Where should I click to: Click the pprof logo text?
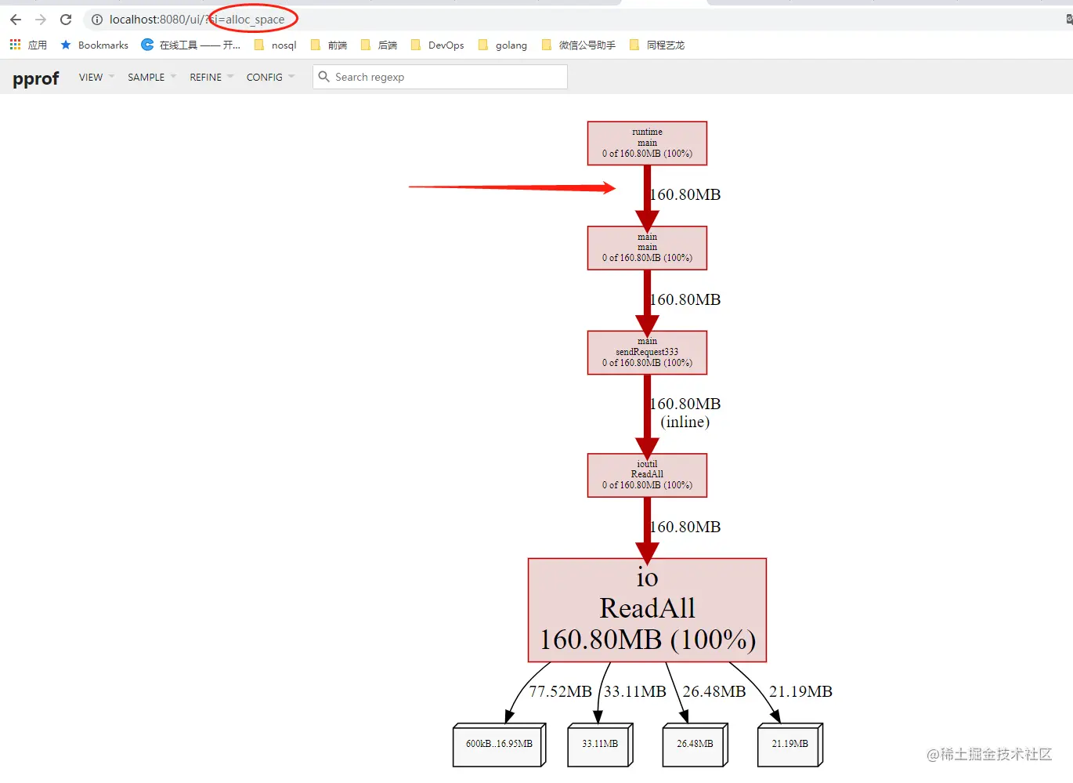point(36,78)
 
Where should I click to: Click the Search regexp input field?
point(446,77)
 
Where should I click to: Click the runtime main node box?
point(647,143)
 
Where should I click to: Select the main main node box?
point(647,248)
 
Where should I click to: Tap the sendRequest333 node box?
point(647,353)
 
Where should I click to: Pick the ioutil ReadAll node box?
point(647,475)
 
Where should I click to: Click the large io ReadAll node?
point(647,610)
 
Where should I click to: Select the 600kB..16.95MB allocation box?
point(498,744)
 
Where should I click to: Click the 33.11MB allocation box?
point(599,744)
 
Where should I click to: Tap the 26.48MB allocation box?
point(695,744)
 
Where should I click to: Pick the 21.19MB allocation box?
point(789,744)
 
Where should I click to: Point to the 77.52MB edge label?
point(560,691)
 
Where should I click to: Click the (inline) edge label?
point(685,422)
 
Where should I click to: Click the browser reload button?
point(66,20)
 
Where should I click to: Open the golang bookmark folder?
point(503,45)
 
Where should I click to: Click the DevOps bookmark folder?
point(438,45)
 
